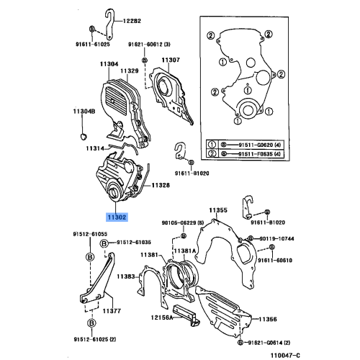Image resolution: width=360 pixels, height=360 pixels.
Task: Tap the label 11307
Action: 170,60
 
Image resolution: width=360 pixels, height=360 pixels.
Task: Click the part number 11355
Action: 219,211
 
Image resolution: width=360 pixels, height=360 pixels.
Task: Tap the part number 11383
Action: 126,276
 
